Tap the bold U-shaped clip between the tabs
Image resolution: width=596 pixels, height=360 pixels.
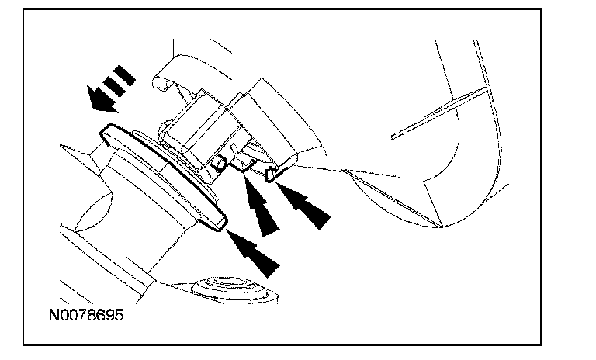coord(244,161)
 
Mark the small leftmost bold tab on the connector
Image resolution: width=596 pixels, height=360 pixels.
coord(219,162)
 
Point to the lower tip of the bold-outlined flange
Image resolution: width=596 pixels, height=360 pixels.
coord(220,224)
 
